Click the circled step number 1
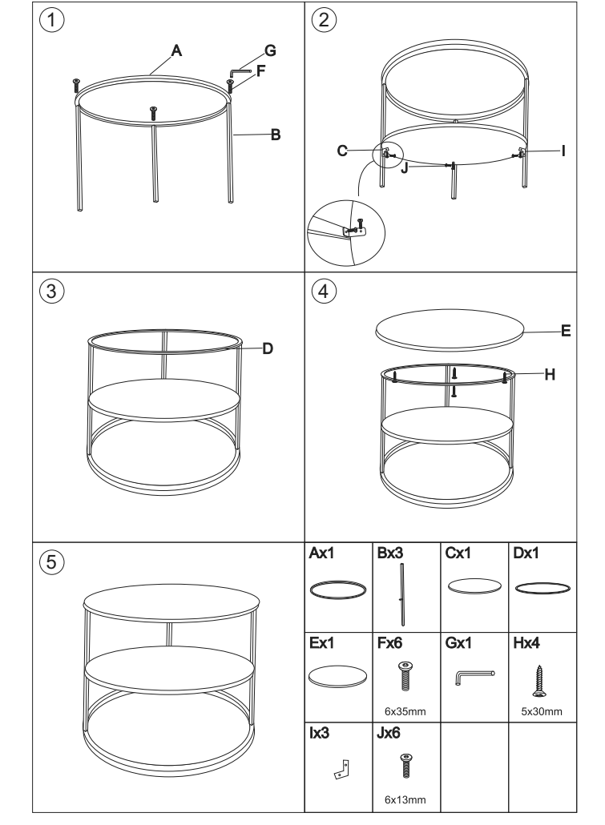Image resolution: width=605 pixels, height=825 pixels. pyautogui.click(x=51, y=20)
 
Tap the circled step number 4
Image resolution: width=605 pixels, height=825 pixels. pyautogui.click(x=323, y=291)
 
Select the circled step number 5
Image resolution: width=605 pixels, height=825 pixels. pyautogui.click(x=51, y=561)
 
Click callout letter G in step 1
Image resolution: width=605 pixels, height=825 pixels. pyautogui.click(x=270, y=50)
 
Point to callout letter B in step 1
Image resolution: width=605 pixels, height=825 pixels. pyautogui.click(x=276, y=135)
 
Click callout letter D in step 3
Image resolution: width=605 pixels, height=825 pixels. pyautogui.click(x=268, y=348)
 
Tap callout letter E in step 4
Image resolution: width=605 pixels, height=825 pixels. pyautogui.click(x=566, y=331)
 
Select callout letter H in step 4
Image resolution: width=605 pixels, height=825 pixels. pyautogui.click(x=550, y=374)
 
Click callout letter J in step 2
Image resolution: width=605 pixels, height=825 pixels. pyautogui.click(x=405, y=168)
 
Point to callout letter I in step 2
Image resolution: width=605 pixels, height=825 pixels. pyautogui.click(x=563, y=151)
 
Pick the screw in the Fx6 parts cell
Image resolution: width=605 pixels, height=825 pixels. pyautogui.click(x=405, y=676)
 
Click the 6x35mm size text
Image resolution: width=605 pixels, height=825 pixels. pyautogui.click(x=405, y=711)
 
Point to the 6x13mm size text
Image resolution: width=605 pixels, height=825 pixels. pyautogui.click(x=405, y=799)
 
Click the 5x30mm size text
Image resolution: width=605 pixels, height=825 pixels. pyautogui.click(x=541, y=711)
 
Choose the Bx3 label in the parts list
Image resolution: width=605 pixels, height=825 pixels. pyautogui.click(x=390, y=553)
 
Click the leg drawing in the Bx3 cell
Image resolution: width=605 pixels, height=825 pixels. pyautogui.click(x=402, y=594)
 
